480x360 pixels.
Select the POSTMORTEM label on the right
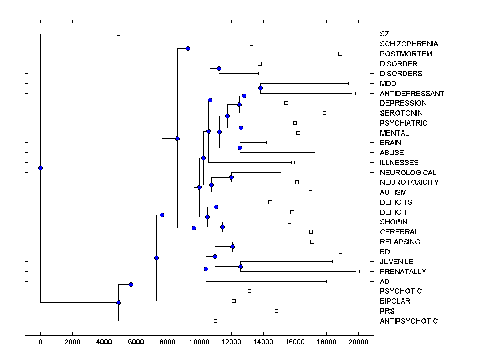[400, 54]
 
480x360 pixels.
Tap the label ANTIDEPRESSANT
[412, 94]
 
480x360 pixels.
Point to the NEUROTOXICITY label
[409, 182]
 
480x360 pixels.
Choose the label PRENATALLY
[403, 272]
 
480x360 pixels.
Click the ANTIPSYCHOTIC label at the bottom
[409, 321]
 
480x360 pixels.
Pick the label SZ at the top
[384, 34]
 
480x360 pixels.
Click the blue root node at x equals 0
[40, 168]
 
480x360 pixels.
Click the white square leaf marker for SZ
[118, 34]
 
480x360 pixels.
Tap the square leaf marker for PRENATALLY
[358, 271]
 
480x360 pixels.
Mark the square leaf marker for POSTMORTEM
[340, 54]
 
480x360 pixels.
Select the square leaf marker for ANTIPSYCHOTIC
[215, 321]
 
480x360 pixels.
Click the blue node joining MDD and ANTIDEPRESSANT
[260, 88]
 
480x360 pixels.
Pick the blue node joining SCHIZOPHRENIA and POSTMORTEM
[188, 48]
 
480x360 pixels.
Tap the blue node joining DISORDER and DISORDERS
[219, 68]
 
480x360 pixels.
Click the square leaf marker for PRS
[276, 311]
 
